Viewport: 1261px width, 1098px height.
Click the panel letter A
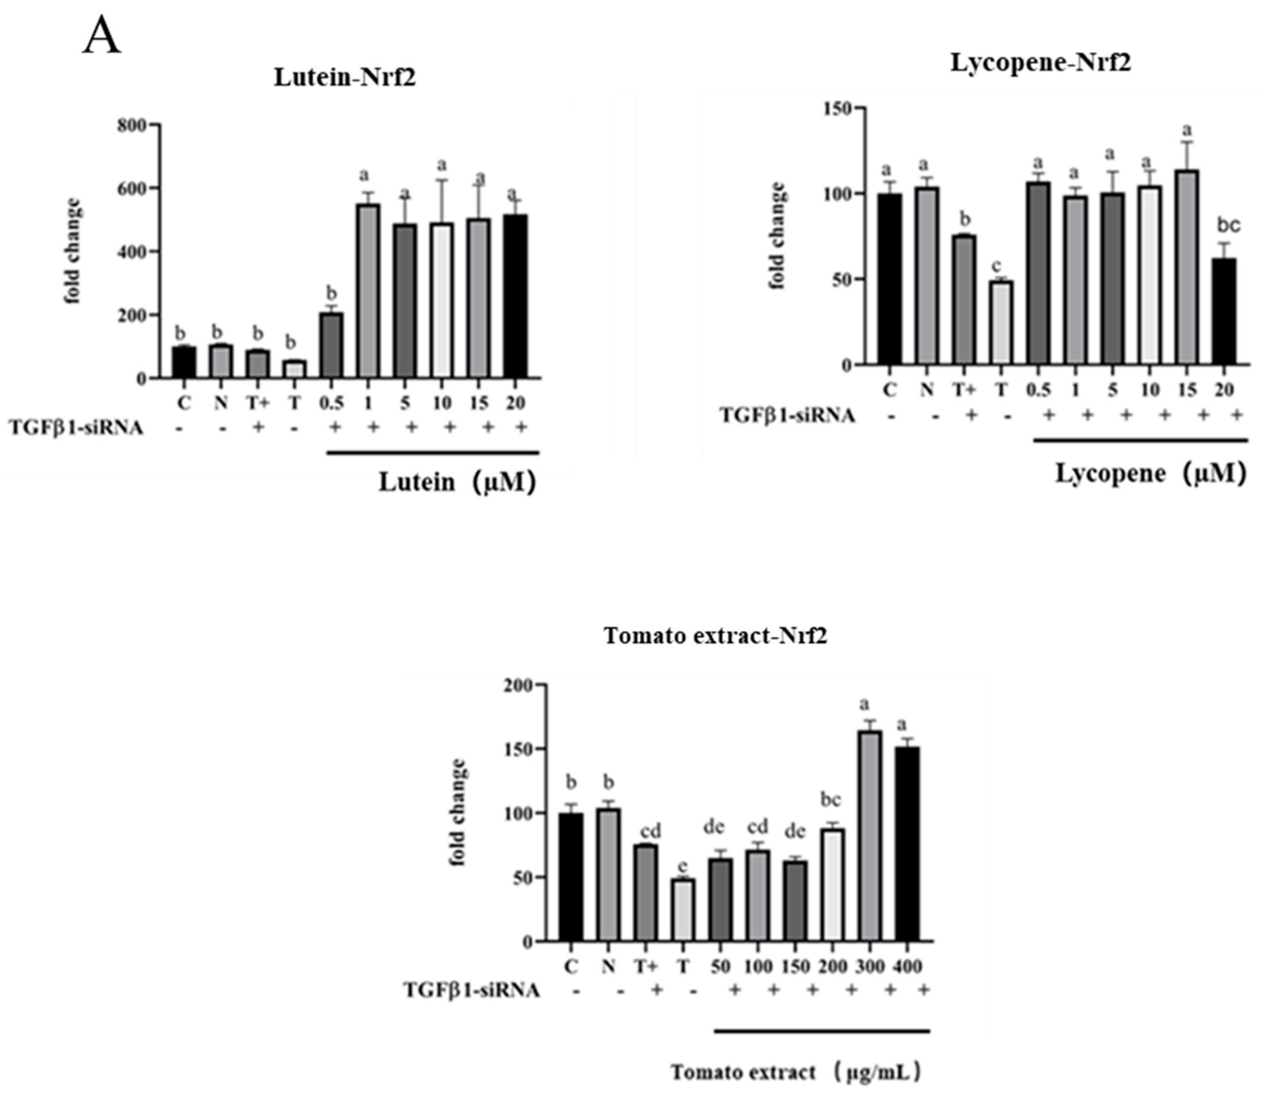(102, 37)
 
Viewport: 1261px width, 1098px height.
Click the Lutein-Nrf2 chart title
(344, 78)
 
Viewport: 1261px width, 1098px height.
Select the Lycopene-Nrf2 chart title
(1040, 63)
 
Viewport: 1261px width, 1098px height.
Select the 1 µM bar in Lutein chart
(368, 291)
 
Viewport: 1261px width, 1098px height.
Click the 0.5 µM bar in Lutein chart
(331, 346)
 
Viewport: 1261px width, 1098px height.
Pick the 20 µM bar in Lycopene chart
(1224, 312)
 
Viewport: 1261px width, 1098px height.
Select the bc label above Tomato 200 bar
(831, 800)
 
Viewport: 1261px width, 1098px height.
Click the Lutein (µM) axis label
(457, 482)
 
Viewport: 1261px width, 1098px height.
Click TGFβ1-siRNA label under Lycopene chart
(787, 415)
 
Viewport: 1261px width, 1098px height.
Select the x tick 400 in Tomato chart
(908, 966)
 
